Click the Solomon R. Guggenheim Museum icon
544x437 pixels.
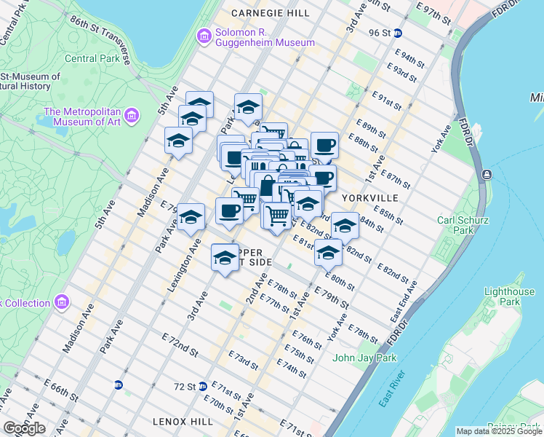pyautogui.click(x=204, y=36)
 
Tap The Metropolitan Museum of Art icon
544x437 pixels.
pyautogui.click(x=132, y=115)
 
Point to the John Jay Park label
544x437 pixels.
pyautogui.click(x=364, y=358)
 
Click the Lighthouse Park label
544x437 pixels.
pyautogui.click(x=509, y=296)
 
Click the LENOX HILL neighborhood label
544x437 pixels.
pyautogui.click(x=183, y=421)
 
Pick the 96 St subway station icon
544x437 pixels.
pyautogui.click(x=409, y=33)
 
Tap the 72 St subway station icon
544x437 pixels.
pyautogui.click(x=203, y=386)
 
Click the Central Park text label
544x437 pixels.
pyautogui.click(x=89, y=58)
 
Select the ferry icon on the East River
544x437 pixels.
pyautogui.click(x=487, y=174)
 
